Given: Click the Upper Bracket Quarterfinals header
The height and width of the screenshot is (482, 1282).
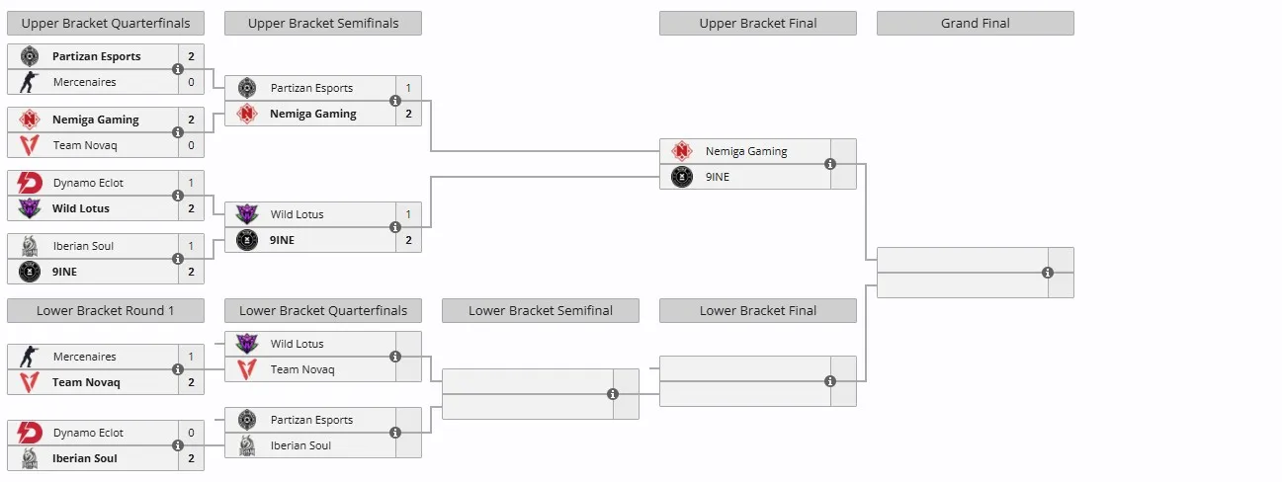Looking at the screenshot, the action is (106, 24).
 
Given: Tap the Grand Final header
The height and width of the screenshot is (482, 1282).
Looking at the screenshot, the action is (976, 24).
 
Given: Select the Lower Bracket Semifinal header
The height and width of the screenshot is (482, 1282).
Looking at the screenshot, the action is (541, 310).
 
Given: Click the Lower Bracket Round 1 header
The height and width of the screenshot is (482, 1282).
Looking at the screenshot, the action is (106, 310).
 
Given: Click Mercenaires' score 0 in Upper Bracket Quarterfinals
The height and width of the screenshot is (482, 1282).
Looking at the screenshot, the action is (191, 82).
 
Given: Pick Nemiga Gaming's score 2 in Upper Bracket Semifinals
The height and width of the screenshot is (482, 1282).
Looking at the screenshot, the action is (408, 114).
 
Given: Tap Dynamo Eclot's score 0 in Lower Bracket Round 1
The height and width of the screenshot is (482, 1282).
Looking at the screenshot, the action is (191, 433).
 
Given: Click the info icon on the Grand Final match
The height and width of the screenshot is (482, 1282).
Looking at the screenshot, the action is (1048, 273).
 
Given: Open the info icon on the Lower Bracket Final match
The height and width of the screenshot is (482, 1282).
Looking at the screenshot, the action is (830, 381).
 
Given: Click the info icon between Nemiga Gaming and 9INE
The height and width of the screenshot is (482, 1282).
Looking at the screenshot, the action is (830, 164).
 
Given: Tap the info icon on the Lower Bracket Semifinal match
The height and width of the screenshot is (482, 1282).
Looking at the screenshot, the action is (613, 394).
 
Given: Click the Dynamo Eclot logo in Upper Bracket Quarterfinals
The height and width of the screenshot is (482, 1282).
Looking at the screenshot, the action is (30, 183).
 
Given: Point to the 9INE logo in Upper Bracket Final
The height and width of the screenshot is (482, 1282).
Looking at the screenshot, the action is (682, 177).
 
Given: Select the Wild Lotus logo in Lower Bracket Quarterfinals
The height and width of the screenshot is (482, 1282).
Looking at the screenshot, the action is (247, 344).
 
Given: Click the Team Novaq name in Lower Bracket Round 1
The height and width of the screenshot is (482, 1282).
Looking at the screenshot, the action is (86, 382).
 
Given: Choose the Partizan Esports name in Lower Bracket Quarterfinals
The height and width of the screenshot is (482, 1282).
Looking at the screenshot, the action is (311, 420).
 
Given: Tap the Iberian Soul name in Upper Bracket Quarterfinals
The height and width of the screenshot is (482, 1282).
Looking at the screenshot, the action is (83, 246).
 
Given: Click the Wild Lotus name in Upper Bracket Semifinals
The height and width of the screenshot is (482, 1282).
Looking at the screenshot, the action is (298, 214).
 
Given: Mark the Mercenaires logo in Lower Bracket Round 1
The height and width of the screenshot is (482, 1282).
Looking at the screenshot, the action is (30, 357).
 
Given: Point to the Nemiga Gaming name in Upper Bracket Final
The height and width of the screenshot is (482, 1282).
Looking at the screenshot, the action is (746, 151).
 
